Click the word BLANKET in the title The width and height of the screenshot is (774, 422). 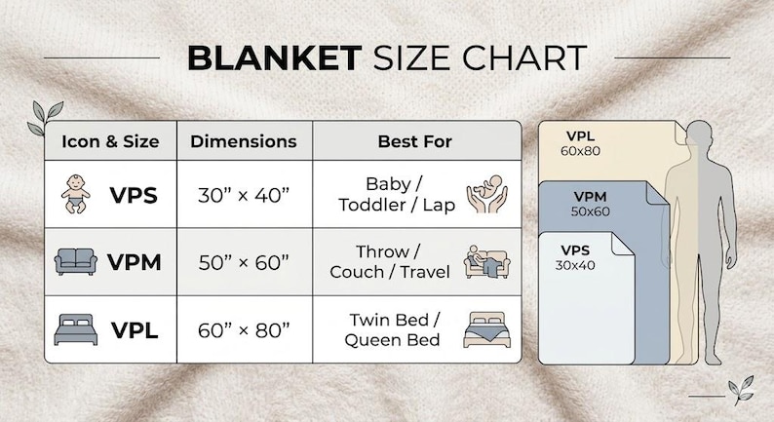275,58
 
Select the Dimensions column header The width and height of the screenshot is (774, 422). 244,141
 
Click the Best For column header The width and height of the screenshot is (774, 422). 414,141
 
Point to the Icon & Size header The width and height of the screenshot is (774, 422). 110,141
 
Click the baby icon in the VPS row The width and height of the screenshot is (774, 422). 75,194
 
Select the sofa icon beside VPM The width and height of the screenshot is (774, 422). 75,261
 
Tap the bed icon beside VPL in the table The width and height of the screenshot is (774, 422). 75,329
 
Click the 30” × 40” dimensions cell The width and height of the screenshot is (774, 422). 244,196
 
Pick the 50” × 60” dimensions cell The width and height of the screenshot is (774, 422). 244,262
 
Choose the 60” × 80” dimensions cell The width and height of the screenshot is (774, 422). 244,330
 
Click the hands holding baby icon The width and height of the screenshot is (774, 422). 486,194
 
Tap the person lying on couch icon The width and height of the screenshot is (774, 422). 486,261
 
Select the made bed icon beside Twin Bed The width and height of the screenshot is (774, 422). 486,329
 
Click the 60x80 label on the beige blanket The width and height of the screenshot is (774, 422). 581,151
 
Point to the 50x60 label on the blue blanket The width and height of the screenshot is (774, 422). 591,211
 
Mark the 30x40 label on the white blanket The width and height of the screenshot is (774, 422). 575,265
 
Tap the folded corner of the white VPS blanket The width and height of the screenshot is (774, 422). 623,245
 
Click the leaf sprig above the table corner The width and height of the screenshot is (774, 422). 46,118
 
